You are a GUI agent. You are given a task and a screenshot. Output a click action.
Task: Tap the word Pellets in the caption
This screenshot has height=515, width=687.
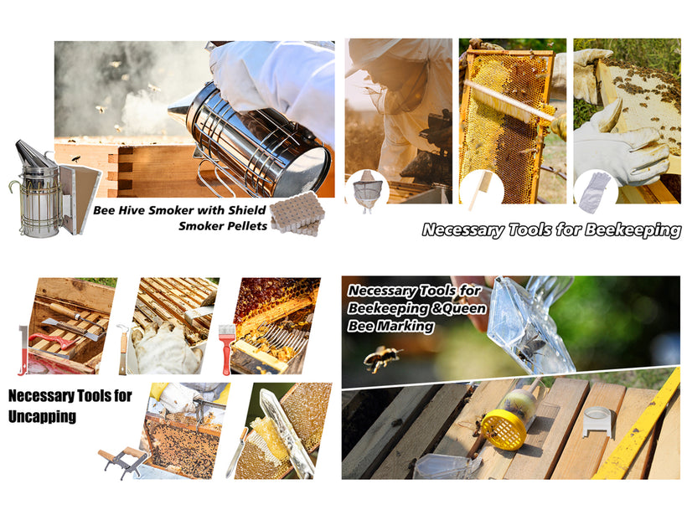pyautogui.click(x=247, y=226)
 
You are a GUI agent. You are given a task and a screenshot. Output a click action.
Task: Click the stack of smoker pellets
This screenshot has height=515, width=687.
pyautogui.click(x=297, y=214)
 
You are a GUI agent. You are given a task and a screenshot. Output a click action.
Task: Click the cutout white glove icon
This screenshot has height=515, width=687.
pyautogui.click(x=594, y=192)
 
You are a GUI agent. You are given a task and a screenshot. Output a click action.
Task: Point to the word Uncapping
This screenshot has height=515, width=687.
pyautogui.click(x=42, y=416)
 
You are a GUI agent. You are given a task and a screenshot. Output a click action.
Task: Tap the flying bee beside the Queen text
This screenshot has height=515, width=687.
pyautogui.click(x=381, y=358)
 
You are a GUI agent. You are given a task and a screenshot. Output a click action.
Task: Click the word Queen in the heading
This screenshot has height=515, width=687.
pyautogui.click(x=464, y=308)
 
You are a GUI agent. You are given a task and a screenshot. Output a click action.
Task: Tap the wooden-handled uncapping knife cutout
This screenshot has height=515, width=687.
pyautogui.click(x=237, y=452)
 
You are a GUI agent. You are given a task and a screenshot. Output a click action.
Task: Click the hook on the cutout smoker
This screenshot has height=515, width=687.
pyautogui.click(x=14, y=188)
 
